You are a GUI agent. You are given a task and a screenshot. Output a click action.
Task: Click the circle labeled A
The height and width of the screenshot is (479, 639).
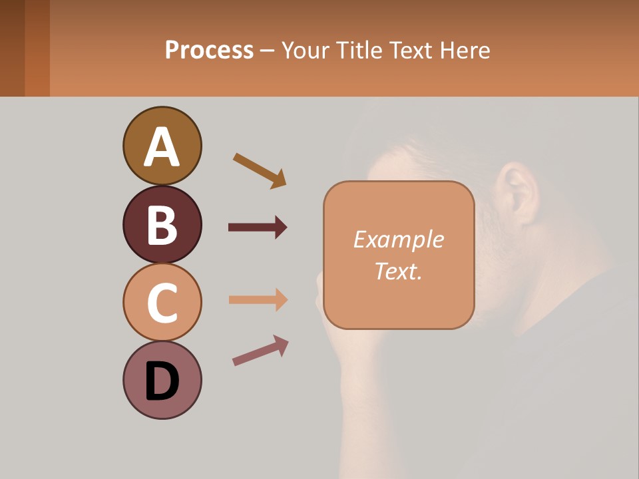tap(162, 146)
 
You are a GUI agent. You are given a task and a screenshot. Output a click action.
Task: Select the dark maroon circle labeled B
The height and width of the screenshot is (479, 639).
tap(162, 224)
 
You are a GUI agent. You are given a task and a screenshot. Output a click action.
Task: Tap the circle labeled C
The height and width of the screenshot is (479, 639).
tap(162, 302)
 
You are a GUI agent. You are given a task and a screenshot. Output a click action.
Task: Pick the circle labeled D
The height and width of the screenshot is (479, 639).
tap(162, 380)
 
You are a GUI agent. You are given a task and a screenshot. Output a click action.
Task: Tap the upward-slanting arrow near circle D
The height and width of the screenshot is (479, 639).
tap(260, 351)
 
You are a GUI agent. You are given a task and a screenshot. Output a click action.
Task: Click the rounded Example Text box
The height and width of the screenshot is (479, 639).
tap(399, 255)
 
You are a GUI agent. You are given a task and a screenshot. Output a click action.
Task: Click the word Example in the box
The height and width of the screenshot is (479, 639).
tap(398, 239)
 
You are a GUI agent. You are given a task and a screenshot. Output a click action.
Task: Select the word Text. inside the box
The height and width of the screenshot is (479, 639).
tap(398, 271)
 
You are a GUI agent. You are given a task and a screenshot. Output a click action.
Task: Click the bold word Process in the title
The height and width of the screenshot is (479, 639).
tap(209, 50)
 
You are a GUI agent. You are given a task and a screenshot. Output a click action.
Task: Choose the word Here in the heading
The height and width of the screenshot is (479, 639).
tap(466, 50)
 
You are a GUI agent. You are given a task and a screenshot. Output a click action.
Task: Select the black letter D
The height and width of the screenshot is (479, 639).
tap(162, 382)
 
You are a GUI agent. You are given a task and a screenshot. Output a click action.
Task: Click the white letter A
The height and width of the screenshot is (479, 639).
tap(162, 147)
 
